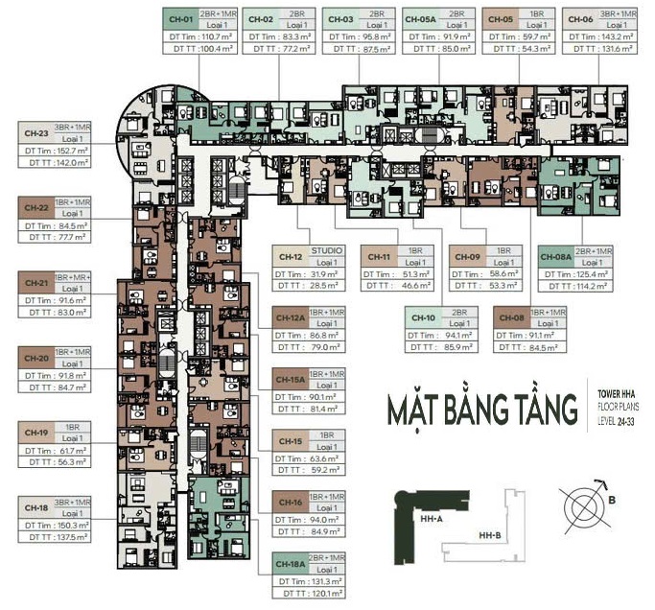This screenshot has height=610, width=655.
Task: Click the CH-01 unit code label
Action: pyautogui.click(x=180, y=19)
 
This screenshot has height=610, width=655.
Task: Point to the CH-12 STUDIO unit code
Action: pyautogui.click(x=292, y=257)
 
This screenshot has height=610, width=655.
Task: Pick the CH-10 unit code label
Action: pyautogui.click(x=424, y=317)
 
